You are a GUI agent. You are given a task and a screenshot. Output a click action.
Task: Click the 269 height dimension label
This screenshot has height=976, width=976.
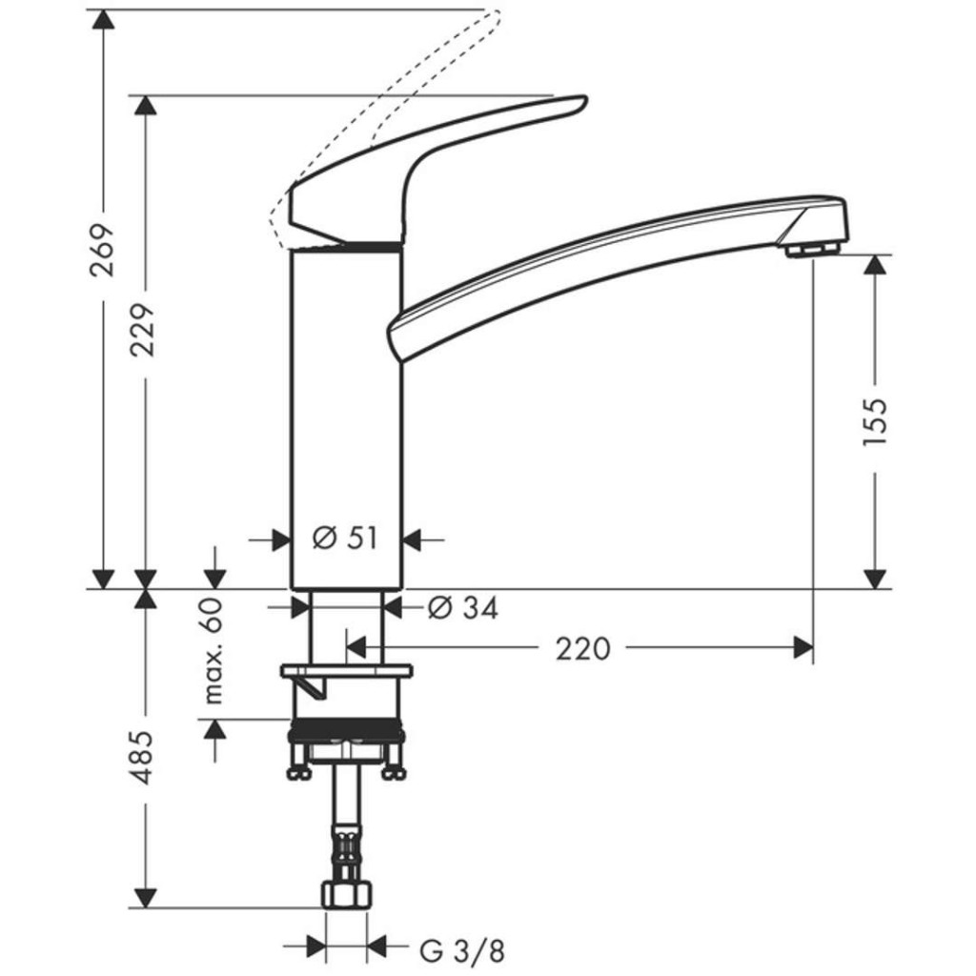(102, 250)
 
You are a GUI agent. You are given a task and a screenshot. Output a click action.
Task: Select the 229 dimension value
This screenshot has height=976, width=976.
(144, 330)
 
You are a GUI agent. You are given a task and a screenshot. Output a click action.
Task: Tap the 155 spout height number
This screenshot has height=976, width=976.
(874, 417)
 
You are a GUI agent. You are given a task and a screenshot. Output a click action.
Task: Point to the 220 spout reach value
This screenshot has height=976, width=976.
(582, 649)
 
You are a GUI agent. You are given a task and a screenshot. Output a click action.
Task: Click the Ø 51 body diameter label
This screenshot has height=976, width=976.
(345, 539)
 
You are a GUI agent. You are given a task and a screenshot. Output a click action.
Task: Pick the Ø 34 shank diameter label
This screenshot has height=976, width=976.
(462, 607)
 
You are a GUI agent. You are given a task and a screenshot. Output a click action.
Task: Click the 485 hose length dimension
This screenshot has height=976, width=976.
(143, 758)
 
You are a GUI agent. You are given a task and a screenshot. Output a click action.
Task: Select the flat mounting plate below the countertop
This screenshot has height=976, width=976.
(346, 671)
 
